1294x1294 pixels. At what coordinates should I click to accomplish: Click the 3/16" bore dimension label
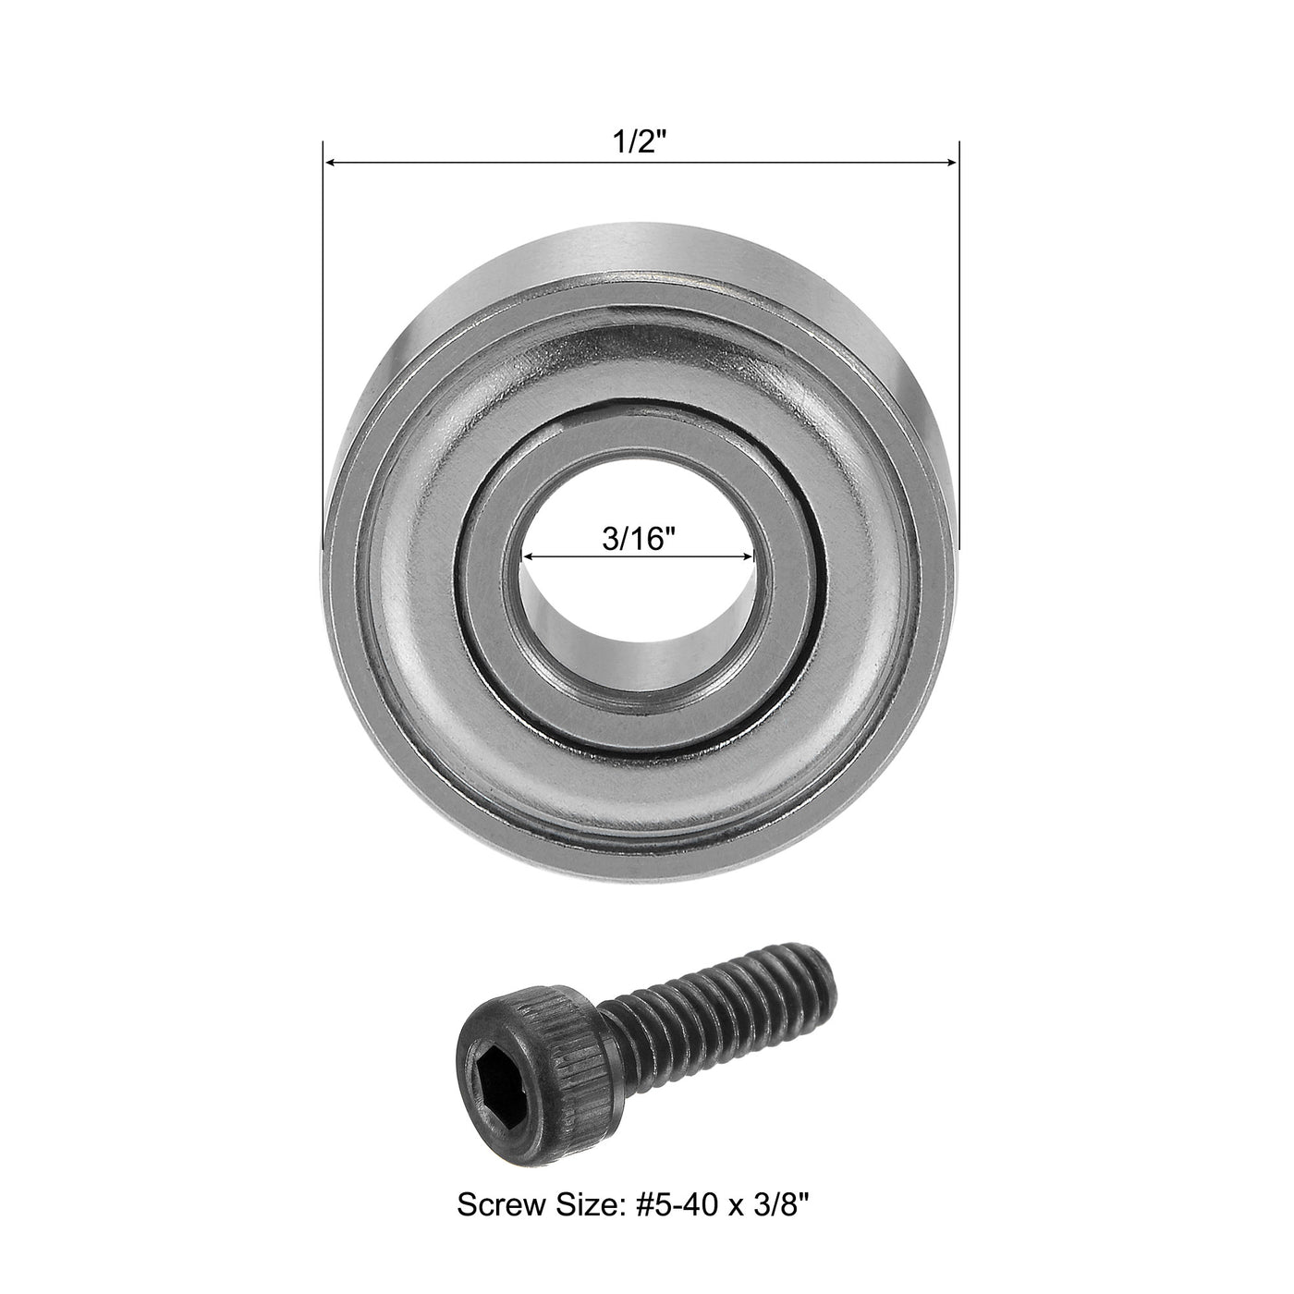pyautogui.click(x=634, y=539)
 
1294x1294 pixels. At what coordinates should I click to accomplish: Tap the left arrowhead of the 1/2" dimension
pyautogui.click(x=329, y=164)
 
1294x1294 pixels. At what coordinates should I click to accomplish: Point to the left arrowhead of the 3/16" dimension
pyautogui.click(x=529, y=557)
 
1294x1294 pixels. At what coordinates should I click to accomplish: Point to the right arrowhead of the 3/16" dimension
pyautogui.click(x=749, y=557)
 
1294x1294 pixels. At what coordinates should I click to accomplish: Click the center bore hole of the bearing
pyautogui.click(x=638, y=601)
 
